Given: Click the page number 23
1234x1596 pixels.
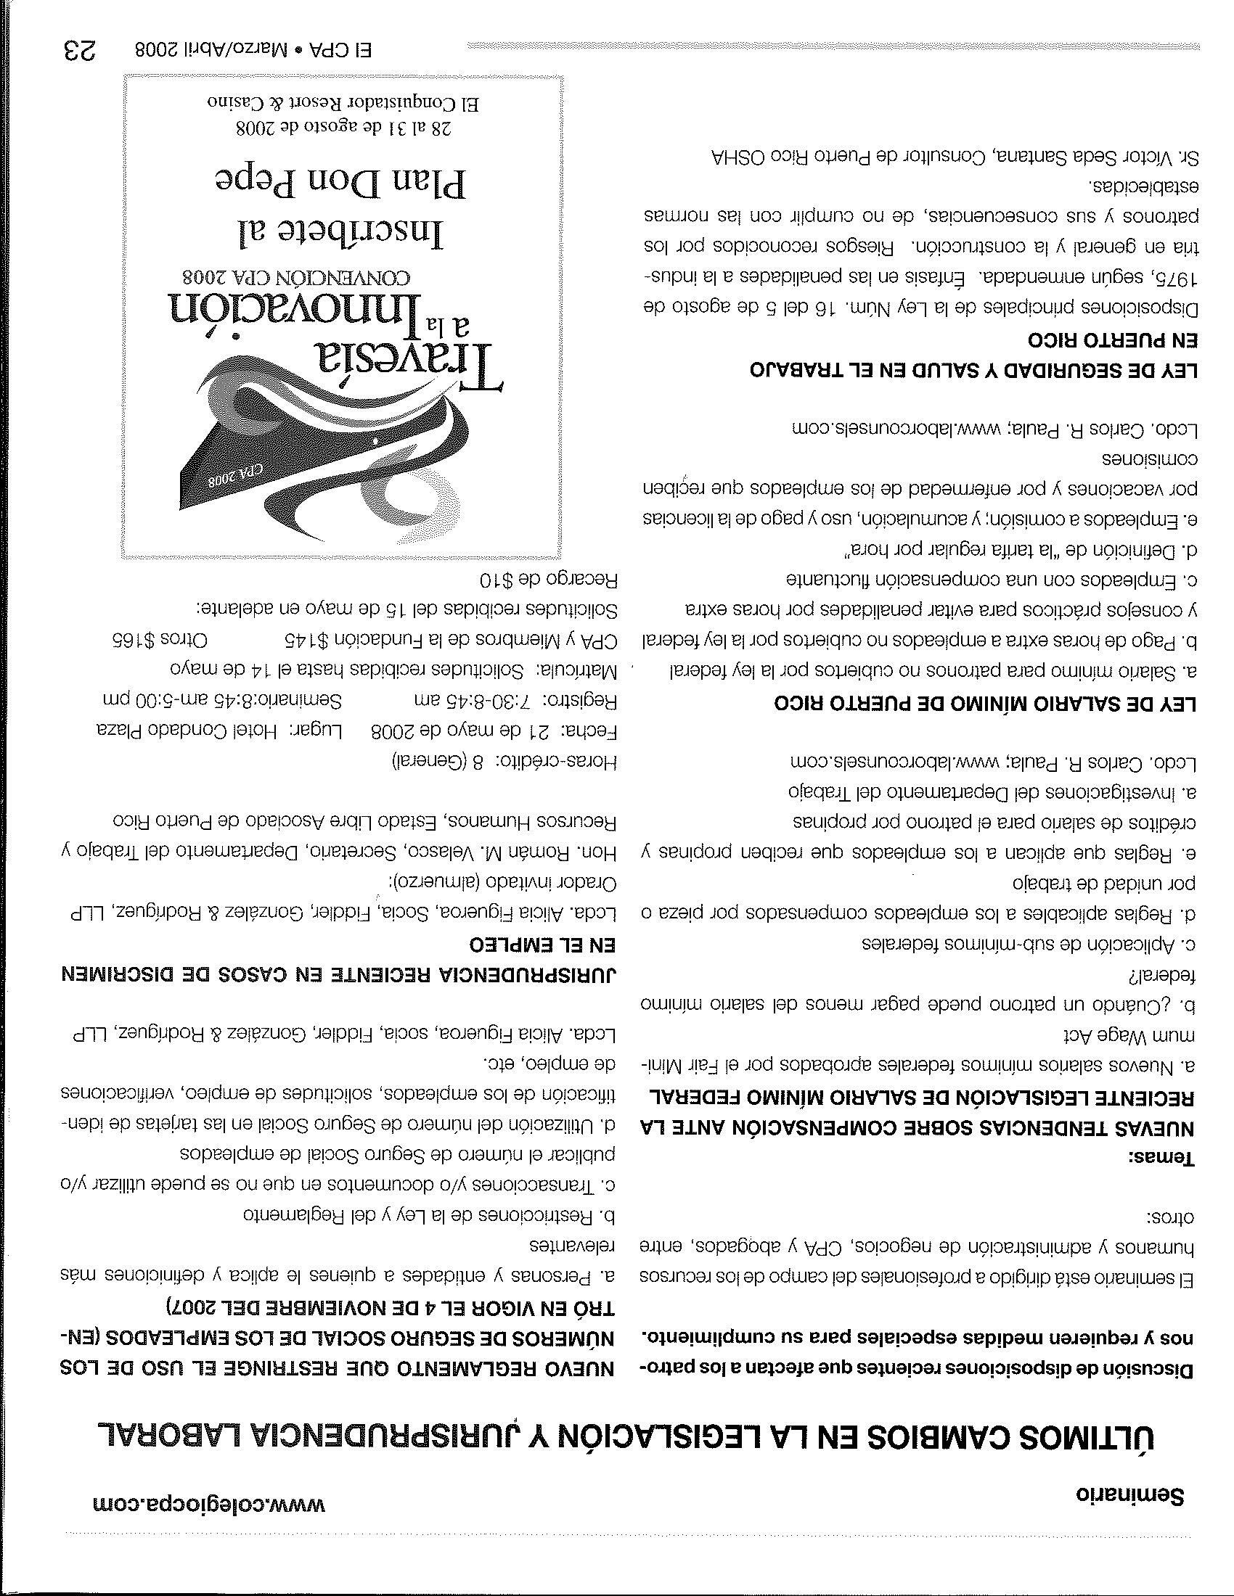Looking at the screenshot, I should (81, 52).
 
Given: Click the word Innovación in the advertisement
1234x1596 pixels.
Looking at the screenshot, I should (295, 310).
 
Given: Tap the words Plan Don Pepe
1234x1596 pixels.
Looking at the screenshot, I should (342, 182).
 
